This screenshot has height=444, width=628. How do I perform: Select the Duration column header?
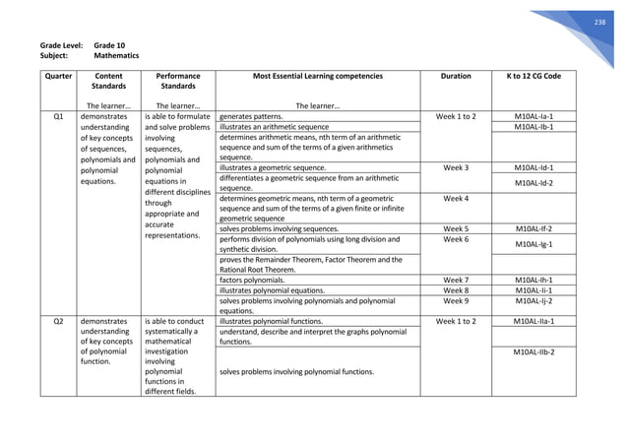click(x=456, y=76)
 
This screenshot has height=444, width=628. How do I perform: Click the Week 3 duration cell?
click(x=456, y=167)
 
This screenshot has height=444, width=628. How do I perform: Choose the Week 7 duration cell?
click(x=456, y=280)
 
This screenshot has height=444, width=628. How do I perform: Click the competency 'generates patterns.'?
click(x=251, y=116)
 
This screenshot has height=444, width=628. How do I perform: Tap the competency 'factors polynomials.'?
click(x=253, y=280)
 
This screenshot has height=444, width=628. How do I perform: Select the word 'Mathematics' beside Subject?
click(x=118, y=57)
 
